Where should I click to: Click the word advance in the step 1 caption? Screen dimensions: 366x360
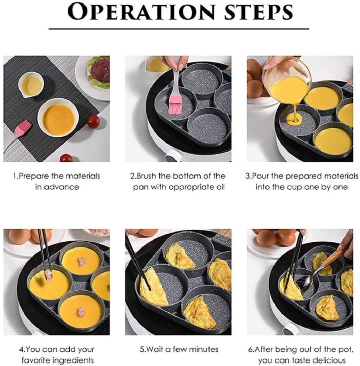point(61,187)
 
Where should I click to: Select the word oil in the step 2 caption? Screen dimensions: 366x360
point(217,187)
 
